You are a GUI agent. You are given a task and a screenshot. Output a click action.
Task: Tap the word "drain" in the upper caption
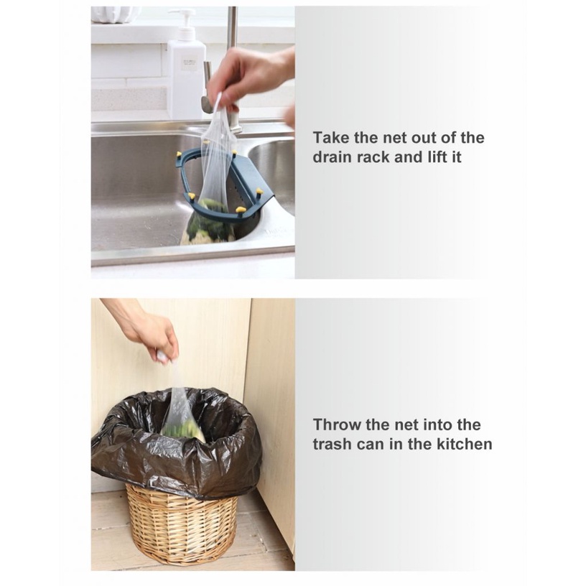(332, 157)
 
